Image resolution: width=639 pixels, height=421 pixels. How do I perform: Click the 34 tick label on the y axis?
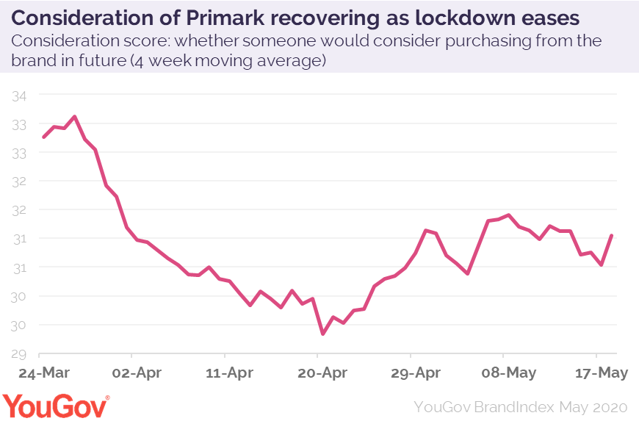(x=19, y=96)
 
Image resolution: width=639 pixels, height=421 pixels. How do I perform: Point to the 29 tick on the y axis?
(x=19, y=353)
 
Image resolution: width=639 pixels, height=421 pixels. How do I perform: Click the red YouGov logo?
(x=56, y=405)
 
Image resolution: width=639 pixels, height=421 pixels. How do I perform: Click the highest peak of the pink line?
(x=74, y=116)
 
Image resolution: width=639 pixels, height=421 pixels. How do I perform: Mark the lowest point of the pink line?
(x=322, y=334)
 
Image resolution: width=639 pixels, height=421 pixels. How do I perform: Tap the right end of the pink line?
(x=612, y=235)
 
